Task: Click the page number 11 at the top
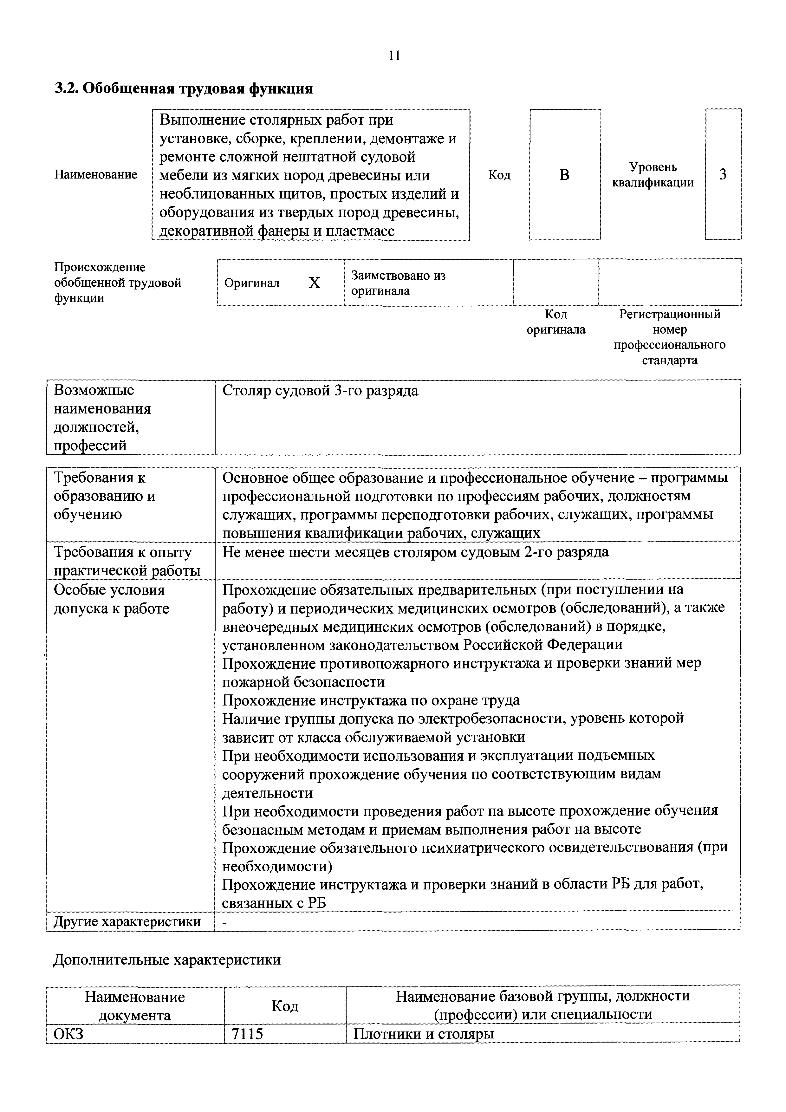[x=394, y=56]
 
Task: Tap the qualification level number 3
[x=723, y=174]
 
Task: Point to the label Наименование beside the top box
[x=95, y=174]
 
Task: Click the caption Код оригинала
[x=555, y=322]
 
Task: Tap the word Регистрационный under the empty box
[x=670, y=314]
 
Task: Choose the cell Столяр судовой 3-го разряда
[x=320, y=391]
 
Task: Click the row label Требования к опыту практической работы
[x=127, y=561]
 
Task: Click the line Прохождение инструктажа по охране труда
[x=371, y=700]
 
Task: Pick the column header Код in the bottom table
[x=285, y=1006]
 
